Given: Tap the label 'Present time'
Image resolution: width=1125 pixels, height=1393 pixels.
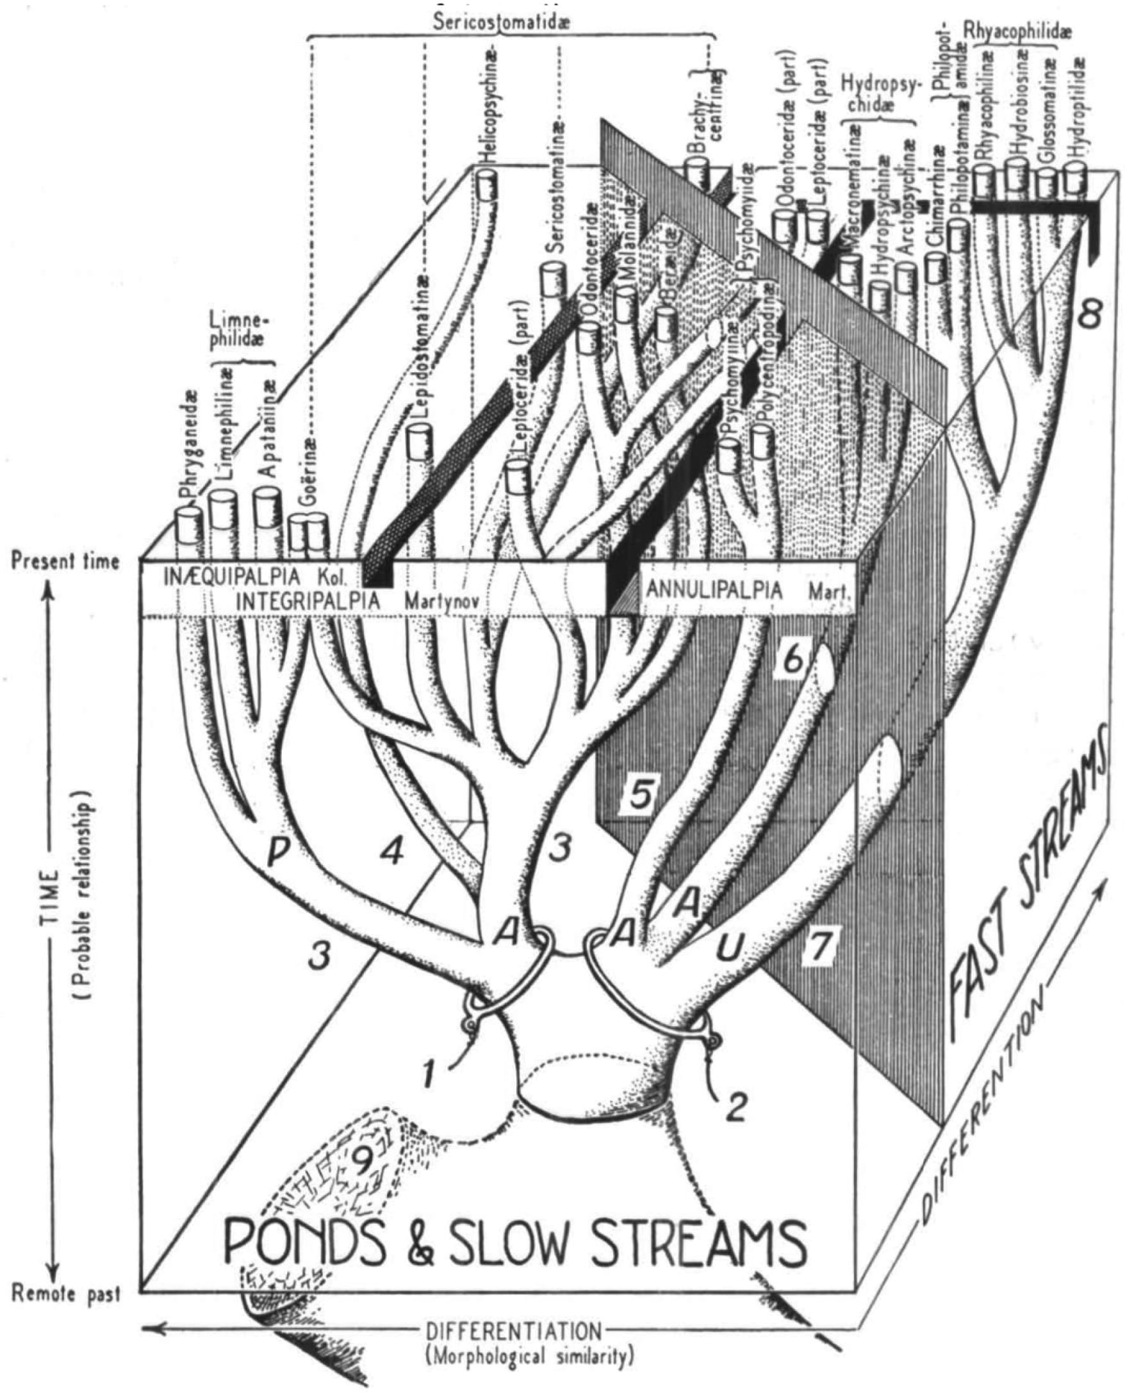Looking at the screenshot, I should click(66, 561).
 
